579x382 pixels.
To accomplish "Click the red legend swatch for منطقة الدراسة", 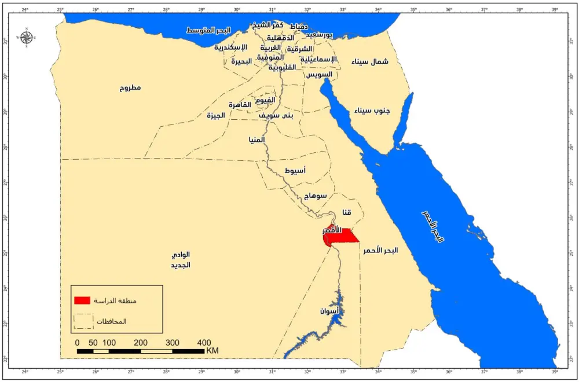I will pyautogui.click(x=82, y=300).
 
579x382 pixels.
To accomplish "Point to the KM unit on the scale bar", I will pyautogui.click(x=212, y=351).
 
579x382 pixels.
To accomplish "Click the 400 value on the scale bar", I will pyautogui.click(x=204, y=343).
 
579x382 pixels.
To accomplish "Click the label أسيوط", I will pyautogui.click(x=296, y=171).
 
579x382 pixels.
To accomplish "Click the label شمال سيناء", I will pyautogui.click(x=370, y=61).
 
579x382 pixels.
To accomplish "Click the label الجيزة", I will pyautogui.click(x=215, y=116).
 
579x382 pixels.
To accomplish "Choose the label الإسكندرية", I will pyautogui.click(x=230, y=47).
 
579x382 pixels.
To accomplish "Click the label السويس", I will pyautogui.click(x=318, y=75).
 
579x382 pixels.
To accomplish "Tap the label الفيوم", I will pyautogui.click(x=265, y=100).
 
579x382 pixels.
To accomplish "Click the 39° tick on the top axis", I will pyautogui.click(x=555, y=10).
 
